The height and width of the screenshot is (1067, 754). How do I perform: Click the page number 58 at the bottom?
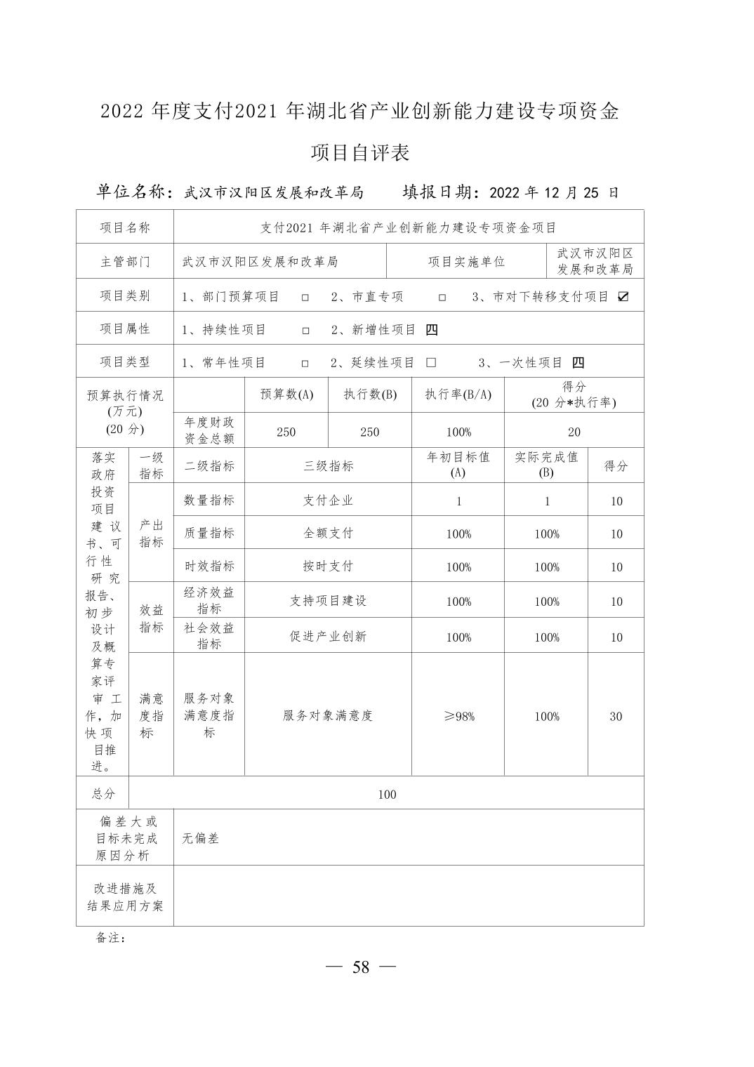click(x=361, y=967)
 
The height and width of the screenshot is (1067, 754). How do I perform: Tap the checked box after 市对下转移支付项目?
click(x=623, y=297)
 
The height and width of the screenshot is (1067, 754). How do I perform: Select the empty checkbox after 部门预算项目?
click(x=305, y=298)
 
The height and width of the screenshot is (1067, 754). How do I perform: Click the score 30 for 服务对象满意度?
click(x=616, y=716)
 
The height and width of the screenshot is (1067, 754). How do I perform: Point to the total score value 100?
click(x=387, y=794)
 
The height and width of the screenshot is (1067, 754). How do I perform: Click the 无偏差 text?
click(x=201, y=838)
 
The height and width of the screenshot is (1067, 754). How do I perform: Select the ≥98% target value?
click(x=458, y=716)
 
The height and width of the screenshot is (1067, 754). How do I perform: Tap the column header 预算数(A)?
click(x=286, y=395)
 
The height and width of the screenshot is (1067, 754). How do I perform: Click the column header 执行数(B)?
click(x=370, y=395)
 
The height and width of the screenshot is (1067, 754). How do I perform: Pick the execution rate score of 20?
click(x=574, y=432)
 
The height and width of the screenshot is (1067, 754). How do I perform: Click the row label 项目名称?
click(x=125, y=227)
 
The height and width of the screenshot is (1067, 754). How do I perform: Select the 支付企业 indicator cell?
click(x=328, y=501)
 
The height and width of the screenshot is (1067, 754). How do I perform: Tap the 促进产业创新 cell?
click(x=328, y=637)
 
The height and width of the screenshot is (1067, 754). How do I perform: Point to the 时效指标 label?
click(x=209, y=566)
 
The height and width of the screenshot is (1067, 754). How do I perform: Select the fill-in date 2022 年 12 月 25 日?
click(x=553, y=192)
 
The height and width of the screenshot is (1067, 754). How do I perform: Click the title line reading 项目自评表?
click(x=360, y=152)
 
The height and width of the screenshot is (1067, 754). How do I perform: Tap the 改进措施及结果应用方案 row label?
click(x=125, y=896)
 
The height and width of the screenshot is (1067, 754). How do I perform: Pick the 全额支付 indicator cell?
click(x=328, y=533)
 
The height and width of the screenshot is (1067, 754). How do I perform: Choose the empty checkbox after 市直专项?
click(x=442, y=298)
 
